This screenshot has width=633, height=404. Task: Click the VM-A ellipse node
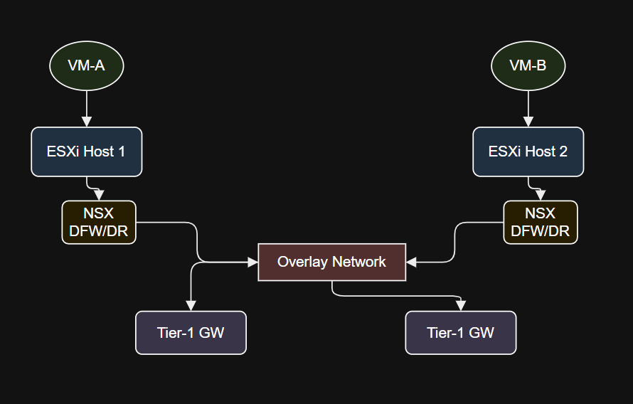tap(86, 65)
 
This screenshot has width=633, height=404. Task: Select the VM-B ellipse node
tap(528, 65)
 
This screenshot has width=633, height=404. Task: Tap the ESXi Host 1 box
tap(86, 151)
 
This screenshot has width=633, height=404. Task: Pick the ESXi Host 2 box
tap(528, 151)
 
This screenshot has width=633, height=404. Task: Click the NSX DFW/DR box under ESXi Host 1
tap(99, 223)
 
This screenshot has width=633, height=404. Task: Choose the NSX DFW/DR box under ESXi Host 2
tap(541, 223)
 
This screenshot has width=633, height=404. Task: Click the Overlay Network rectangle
tap(332, 262)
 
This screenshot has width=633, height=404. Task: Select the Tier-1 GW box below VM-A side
tap(191, 333)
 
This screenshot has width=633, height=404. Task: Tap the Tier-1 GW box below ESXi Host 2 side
tap(461, 333)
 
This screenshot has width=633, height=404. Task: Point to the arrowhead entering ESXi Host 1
tap(86, 122)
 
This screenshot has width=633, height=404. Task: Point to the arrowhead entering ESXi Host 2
tap(528, 122)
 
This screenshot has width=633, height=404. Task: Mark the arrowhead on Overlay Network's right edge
tap(411, 262)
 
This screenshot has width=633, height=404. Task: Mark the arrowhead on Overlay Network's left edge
tap(252, 262)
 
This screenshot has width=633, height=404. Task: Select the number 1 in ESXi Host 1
tap(121, 151)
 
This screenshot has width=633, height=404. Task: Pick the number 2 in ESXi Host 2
tap(563, 151)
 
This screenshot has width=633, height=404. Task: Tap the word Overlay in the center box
tap(302, 262)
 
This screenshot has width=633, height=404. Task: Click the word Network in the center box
tap(359, 262)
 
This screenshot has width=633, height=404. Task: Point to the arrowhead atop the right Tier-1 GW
tap(461, 306)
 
